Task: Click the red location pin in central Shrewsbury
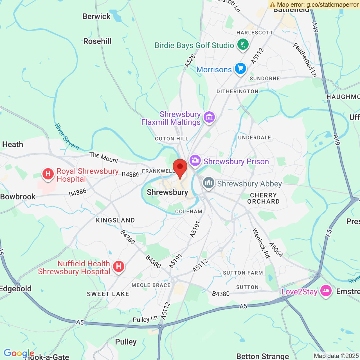(180, 167)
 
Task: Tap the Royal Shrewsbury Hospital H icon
(48, 174)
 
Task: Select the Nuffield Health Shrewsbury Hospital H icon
(119, 266)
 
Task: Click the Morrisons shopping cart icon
(240, 68)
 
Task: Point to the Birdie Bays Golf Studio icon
(243, 44)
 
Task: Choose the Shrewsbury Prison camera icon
(195, 161)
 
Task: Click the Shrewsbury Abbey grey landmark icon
(209, 183)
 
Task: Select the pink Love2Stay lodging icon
(326, 291)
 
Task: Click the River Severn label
(67, 137)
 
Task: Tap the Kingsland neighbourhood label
(115, 220)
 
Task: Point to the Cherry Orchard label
(263, 198)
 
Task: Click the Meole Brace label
(151, 285)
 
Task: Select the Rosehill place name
(97, 41)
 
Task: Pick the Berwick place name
(96, 16)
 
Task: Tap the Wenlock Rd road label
(261, 243)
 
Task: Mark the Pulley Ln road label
(145, 319)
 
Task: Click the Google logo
(19, 353)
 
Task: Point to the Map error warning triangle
(272, 4)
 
